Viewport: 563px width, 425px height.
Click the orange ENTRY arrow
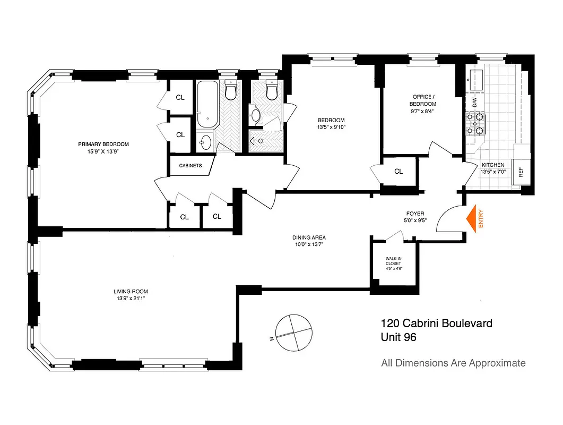tap(471, 218)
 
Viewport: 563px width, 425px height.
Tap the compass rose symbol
tap(291, 333)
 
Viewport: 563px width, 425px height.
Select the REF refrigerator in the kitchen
tap(521, 172)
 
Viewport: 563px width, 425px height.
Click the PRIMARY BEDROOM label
tap(103, 144)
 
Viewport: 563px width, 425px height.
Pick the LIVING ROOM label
tap(131, 291)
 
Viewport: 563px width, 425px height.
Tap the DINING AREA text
tap(308, 237)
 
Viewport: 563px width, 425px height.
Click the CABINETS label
tap(190, 166)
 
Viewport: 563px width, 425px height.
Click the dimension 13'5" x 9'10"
tap(331, 127)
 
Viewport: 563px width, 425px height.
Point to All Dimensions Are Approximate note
tap(453, 363)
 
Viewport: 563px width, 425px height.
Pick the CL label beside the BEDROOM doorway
tap(399, 172)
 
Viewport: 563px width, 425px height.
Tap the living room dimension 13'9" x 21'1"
tap(131, 298)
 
